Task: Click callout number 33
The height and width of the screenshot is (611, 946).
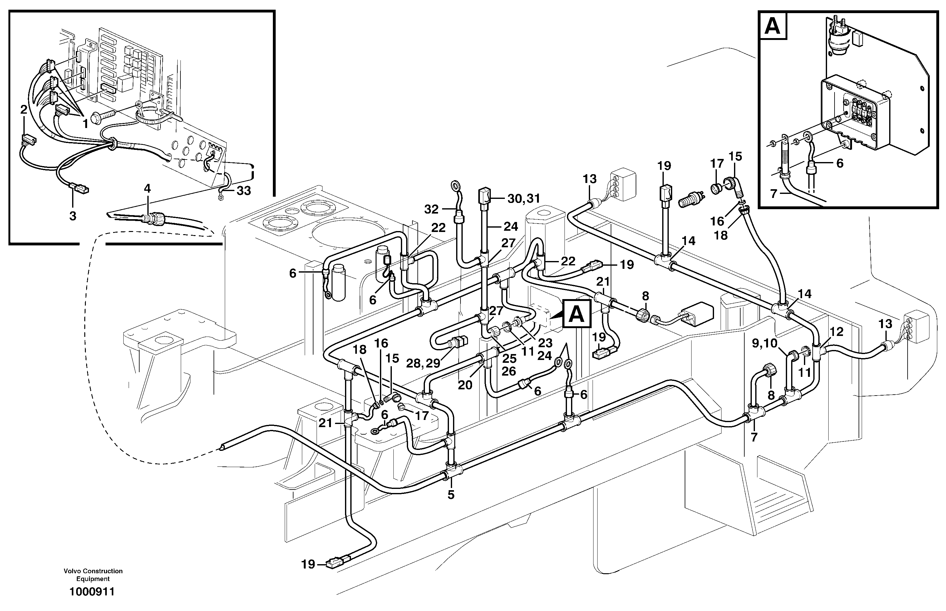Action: (x=244, y=191)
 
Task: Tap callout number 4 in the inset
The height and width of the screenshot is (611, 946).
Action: (x=147, y=189)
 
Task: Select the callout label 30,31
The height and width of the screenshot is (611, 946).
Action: (x=524, y=198)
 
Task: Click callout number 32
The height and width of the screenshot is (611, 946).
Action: (x=431, y=209)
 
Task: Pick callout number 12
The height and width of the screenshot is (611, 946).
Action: (x=836, y=331)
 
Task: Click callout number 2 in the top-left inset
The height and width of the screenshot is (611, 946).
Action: (x=24, y=110)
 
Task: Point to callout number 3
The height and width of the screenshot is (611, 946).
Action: (x=72, y=216)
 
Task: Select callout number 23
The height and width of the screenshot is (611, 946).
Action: (x=545, y=342)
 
